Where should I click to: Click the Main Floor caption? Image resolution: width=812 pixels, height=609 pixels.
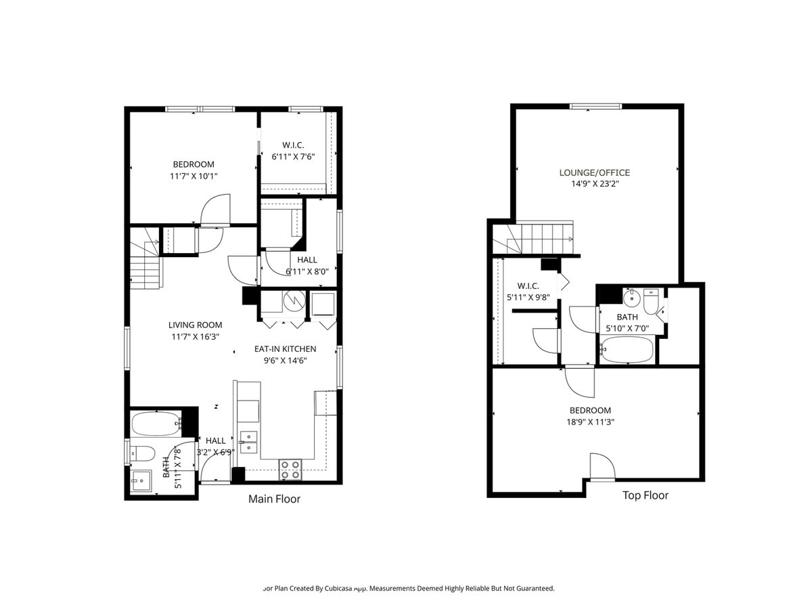(274, 499)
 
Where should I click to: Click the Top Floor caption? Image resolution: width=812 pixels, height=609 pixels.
(645, 495)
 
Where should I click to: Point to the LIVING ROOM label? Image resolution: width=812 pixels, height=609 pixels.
(195, 325)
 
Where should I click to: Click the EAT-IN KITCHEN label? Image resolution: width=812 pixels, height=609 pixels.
(285, 349)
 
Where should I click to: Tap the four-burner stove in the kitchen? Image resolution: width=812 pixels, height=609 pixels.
(291, 470)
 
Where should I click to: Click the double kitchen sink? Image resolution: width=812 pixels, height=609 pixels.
(248, 441)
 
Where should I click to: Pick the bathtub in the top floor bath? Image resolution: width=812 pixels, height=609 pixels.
(627, 351)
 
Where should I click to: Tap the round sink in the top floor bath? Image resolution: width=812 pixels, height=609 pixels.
(631, 297)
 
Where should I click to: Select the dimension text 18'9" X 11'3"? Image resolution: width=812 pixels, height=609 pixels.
(590, 422)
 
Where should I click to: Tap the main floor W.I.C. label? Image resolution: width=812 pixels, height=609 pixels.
(293, 145)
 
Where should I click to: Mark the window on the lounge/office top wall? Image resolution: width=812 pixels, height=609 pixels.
(595, 106)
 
